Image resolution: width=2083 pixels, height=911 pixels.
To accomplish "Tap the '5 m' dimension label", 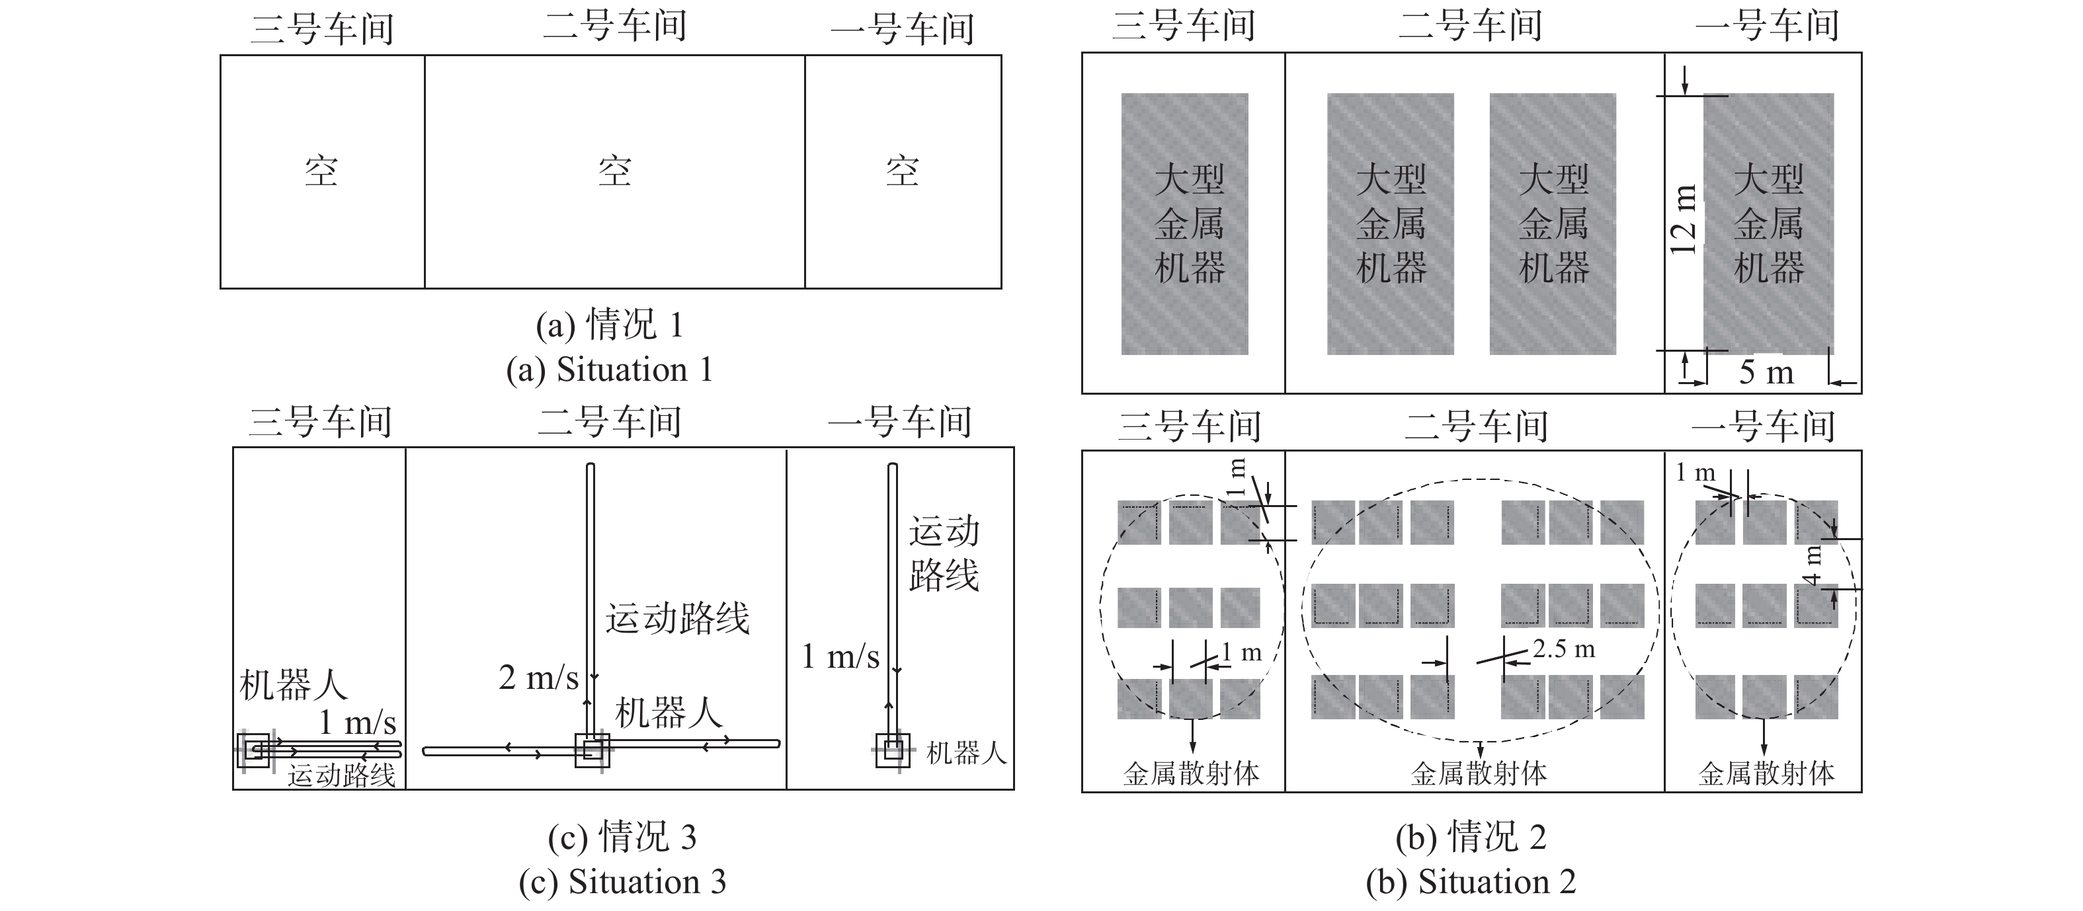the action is coord(1766,373).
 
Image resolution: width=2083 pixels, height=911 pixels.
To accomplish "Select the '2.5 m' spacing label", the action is coord(1564,649).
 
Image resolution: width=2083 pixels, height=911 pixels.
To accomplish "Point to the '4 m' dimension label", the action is coord(1814,565).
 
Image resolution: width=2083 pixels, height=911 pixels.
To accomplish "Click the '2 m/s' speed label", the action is coord(538,678).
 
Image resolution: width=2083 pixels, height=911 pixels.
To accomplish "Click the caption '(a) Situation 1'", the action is coord(610,370).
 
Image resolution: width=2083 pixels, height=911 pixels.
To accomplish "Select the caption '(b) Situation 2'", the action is coord(1471,881).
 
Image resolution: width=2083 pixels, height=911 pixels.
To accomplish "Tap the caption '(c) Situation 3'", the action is coord(623,881).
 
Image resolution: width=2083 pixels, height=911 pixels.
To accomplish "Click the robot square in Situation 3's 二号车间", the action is coord(592,750).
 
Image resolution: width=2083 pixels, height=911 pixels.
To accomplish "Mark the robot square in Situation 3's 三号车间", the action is coord(253,750).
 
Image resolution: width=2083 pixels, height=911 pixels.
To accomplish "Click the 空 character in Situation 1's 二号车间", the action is coord(614,171).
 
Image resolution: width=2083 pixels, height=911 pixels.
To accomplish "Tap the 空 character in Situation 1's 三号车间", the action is coord(321,171).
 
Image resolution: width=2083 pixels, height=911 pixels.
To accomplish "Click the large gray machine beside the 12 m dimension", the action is coord(1768,224).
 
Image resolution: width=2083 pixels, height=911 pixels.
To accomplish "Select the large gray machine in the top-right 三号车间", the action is coord(1184,224).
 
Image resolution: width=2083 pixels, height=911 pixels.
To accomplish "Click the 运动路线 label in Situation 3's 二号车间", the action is coord(678,618).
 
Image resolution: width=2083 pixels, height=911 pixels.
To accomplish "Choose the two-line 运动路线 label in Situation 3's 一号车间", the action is coord(944,554).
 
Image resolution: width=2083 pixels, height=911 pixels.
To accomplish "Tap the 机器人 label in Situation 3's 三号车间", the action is coord(294,686).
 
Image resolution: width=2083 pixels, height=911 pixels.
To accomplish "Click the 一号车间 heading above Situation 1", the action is coord(903,29).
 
